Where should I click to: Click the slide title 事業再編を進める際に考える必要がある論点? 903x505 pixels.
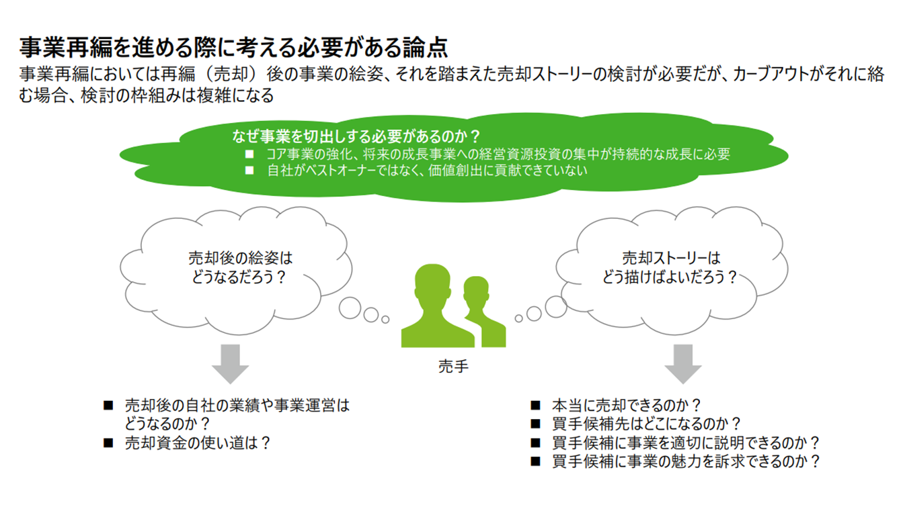233,48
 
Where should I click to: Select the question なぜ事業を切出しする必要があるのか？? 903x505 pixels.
356,137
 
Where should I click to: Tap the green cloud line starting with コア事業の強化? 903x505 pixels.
498,154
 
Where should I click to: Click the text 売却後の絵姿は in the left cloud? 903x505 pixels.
241,258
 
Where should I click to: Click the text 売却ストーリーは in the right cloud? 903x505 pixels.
671,258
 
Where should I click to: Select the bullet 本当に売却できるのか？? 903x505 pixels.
626,406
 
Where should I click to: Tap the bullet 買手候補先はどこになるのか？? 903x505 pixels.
645,424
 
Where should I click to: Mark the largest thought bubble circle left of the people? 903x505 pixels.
350,308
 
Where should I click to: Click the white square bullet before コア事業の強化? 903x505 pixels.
249,154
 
